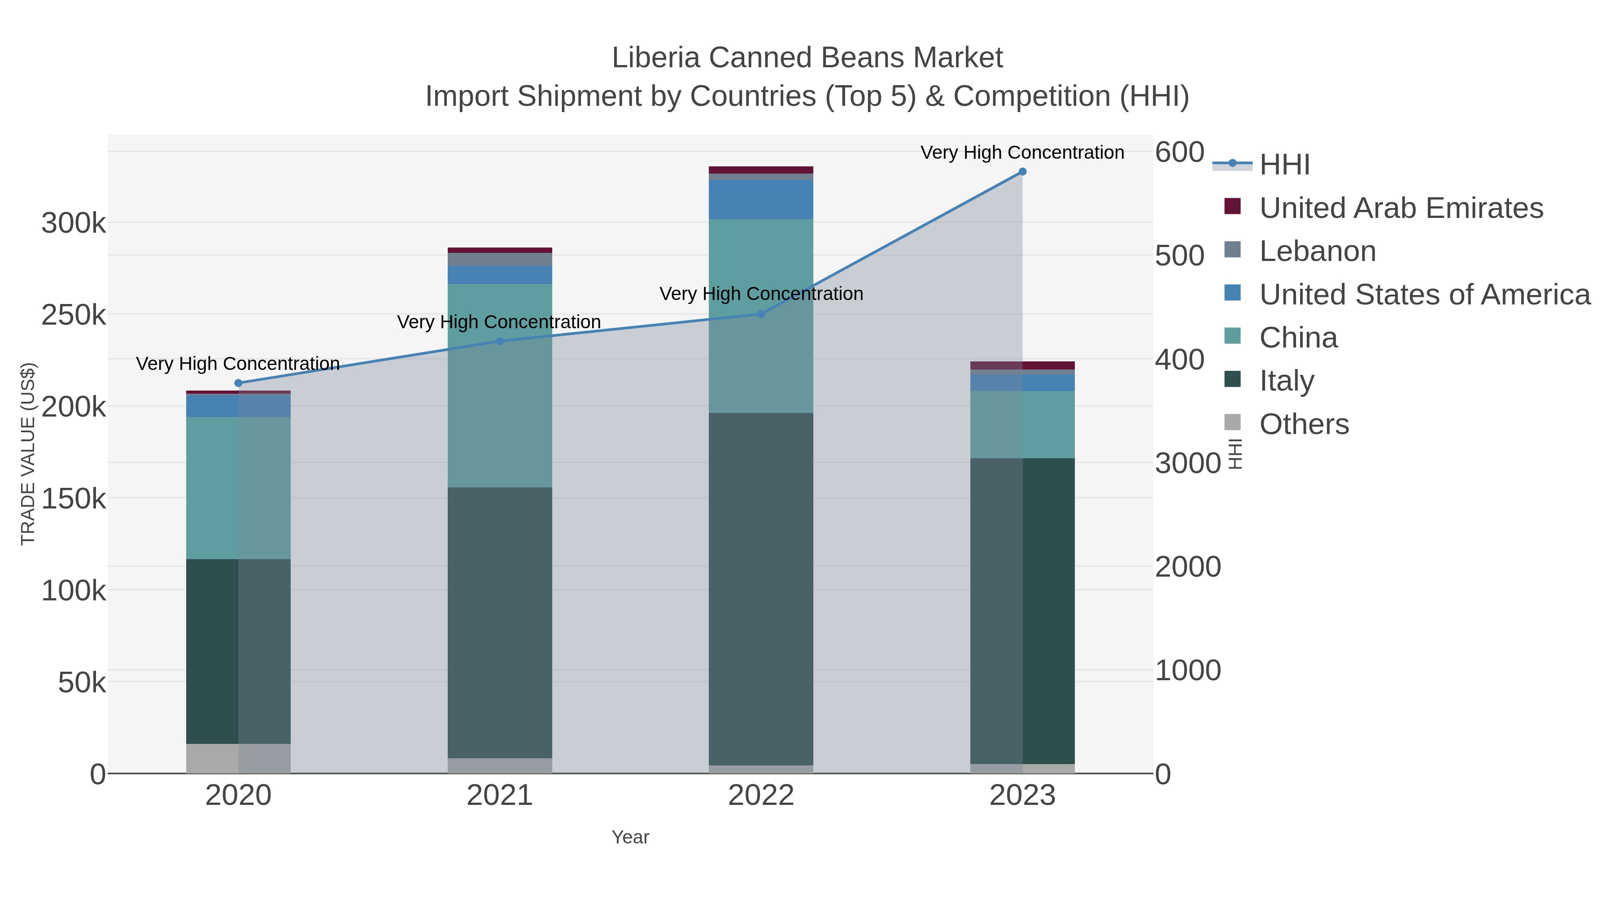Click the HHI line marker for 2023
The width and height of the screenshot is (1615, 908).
coord(1022,172)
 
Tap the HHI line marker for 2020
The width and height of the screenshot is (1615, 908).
coord(238,383)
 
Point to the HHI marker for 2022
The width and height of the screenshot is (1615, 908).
coord(761,314)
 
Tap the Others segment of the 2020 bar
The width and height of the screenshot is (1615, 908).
coord(238,758)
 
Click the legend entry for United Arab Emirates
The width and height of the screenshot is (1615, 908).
coord(1401,208)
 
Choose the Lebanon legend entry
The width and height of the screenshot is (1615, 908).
coord(1317,251)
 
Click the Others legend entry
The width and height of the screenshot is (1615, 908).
coord(1304,424)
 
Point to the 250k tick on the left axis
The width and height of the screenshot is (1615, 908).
coord(74,315)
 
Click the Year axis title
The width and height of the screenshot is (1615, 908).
coord(630,837)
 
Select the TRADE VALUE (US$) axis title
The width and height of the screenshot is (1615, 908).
coord(28,454)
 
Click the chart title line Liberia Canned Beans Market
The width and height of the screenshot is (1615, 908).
coord(807,58)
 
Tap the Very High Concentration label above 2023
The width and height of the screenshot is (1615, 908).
coord(1022,152)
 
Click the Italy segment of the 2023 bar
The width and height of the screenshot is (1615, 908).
coord(1022,611)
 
